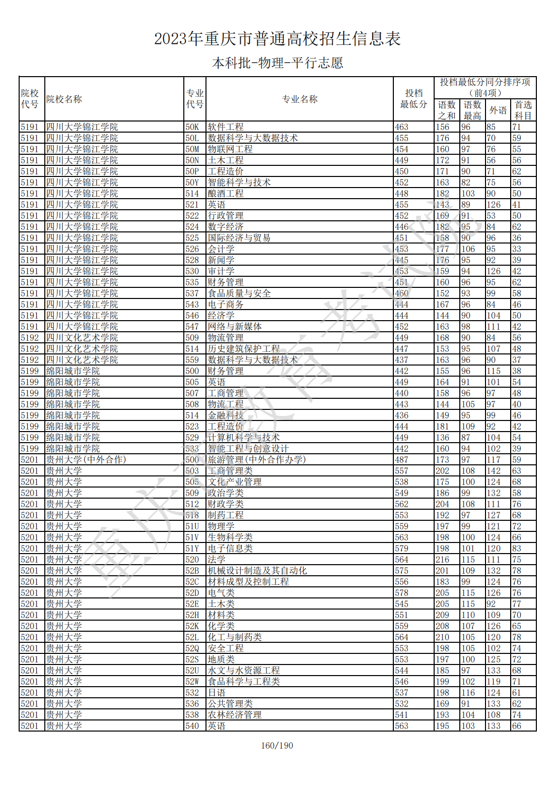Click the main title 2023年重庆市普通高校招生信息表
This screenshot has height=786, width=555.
coord(277,39)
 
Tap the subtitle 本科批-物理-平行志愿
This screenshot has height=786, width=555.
coord(277,63)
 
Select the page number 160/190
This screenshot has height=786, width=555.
coord(277,746)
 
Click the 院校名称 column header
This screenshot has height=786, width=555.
coord(64,99)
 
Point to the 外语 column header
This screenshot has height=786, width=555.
coord(498,110)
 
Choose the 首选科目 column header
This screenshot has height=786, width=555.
coord(523,110)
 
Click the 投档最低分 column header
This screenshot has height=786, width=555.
coord(413,99)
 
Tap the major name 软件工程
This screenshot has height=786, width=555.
coord(226,127)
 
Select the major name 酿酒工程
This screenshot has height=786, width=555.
coord(226,194)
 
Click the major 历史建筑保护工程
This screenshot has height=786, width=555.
coord(244,349)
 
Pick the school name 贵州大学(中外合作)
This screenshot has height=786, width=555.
coord(86,460)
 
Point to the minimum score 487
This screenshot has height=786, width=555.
coord(401,460)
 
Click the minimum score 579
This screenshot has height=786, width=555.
coord(401,549)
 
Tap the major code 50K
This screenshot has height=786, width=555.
coord(192,127)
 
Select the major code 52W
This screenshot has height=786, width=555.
coord(192,682)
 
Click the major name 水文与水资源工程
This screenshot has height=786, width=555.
coord(244,671)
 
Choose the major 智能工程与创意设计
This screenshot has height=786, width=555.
coord(248,449)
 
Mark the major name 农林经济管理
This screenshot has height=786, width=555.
coord(235,715)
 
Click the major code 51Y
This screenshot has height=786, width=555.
coord(192,549)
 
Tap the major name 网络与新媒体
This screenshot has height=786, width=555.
coord(235,327)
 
